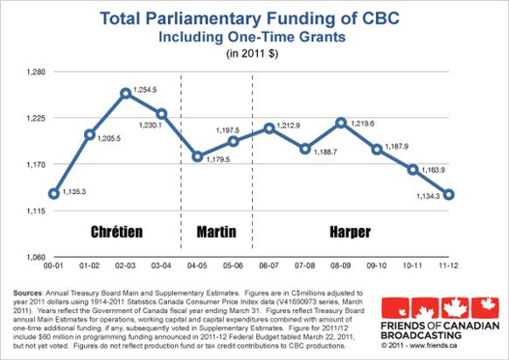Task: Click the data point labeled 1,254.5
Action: tap(126, 92)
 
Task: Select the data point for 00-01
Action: tap(54, 193)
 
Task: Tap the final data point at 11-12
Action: tap(449, 194)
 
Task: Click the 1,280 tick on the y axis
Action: tap(38, 71)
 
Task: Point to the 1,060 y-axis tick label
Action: tap(38, 256)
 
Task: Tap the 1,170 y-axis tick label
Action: tap(38, 163)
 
